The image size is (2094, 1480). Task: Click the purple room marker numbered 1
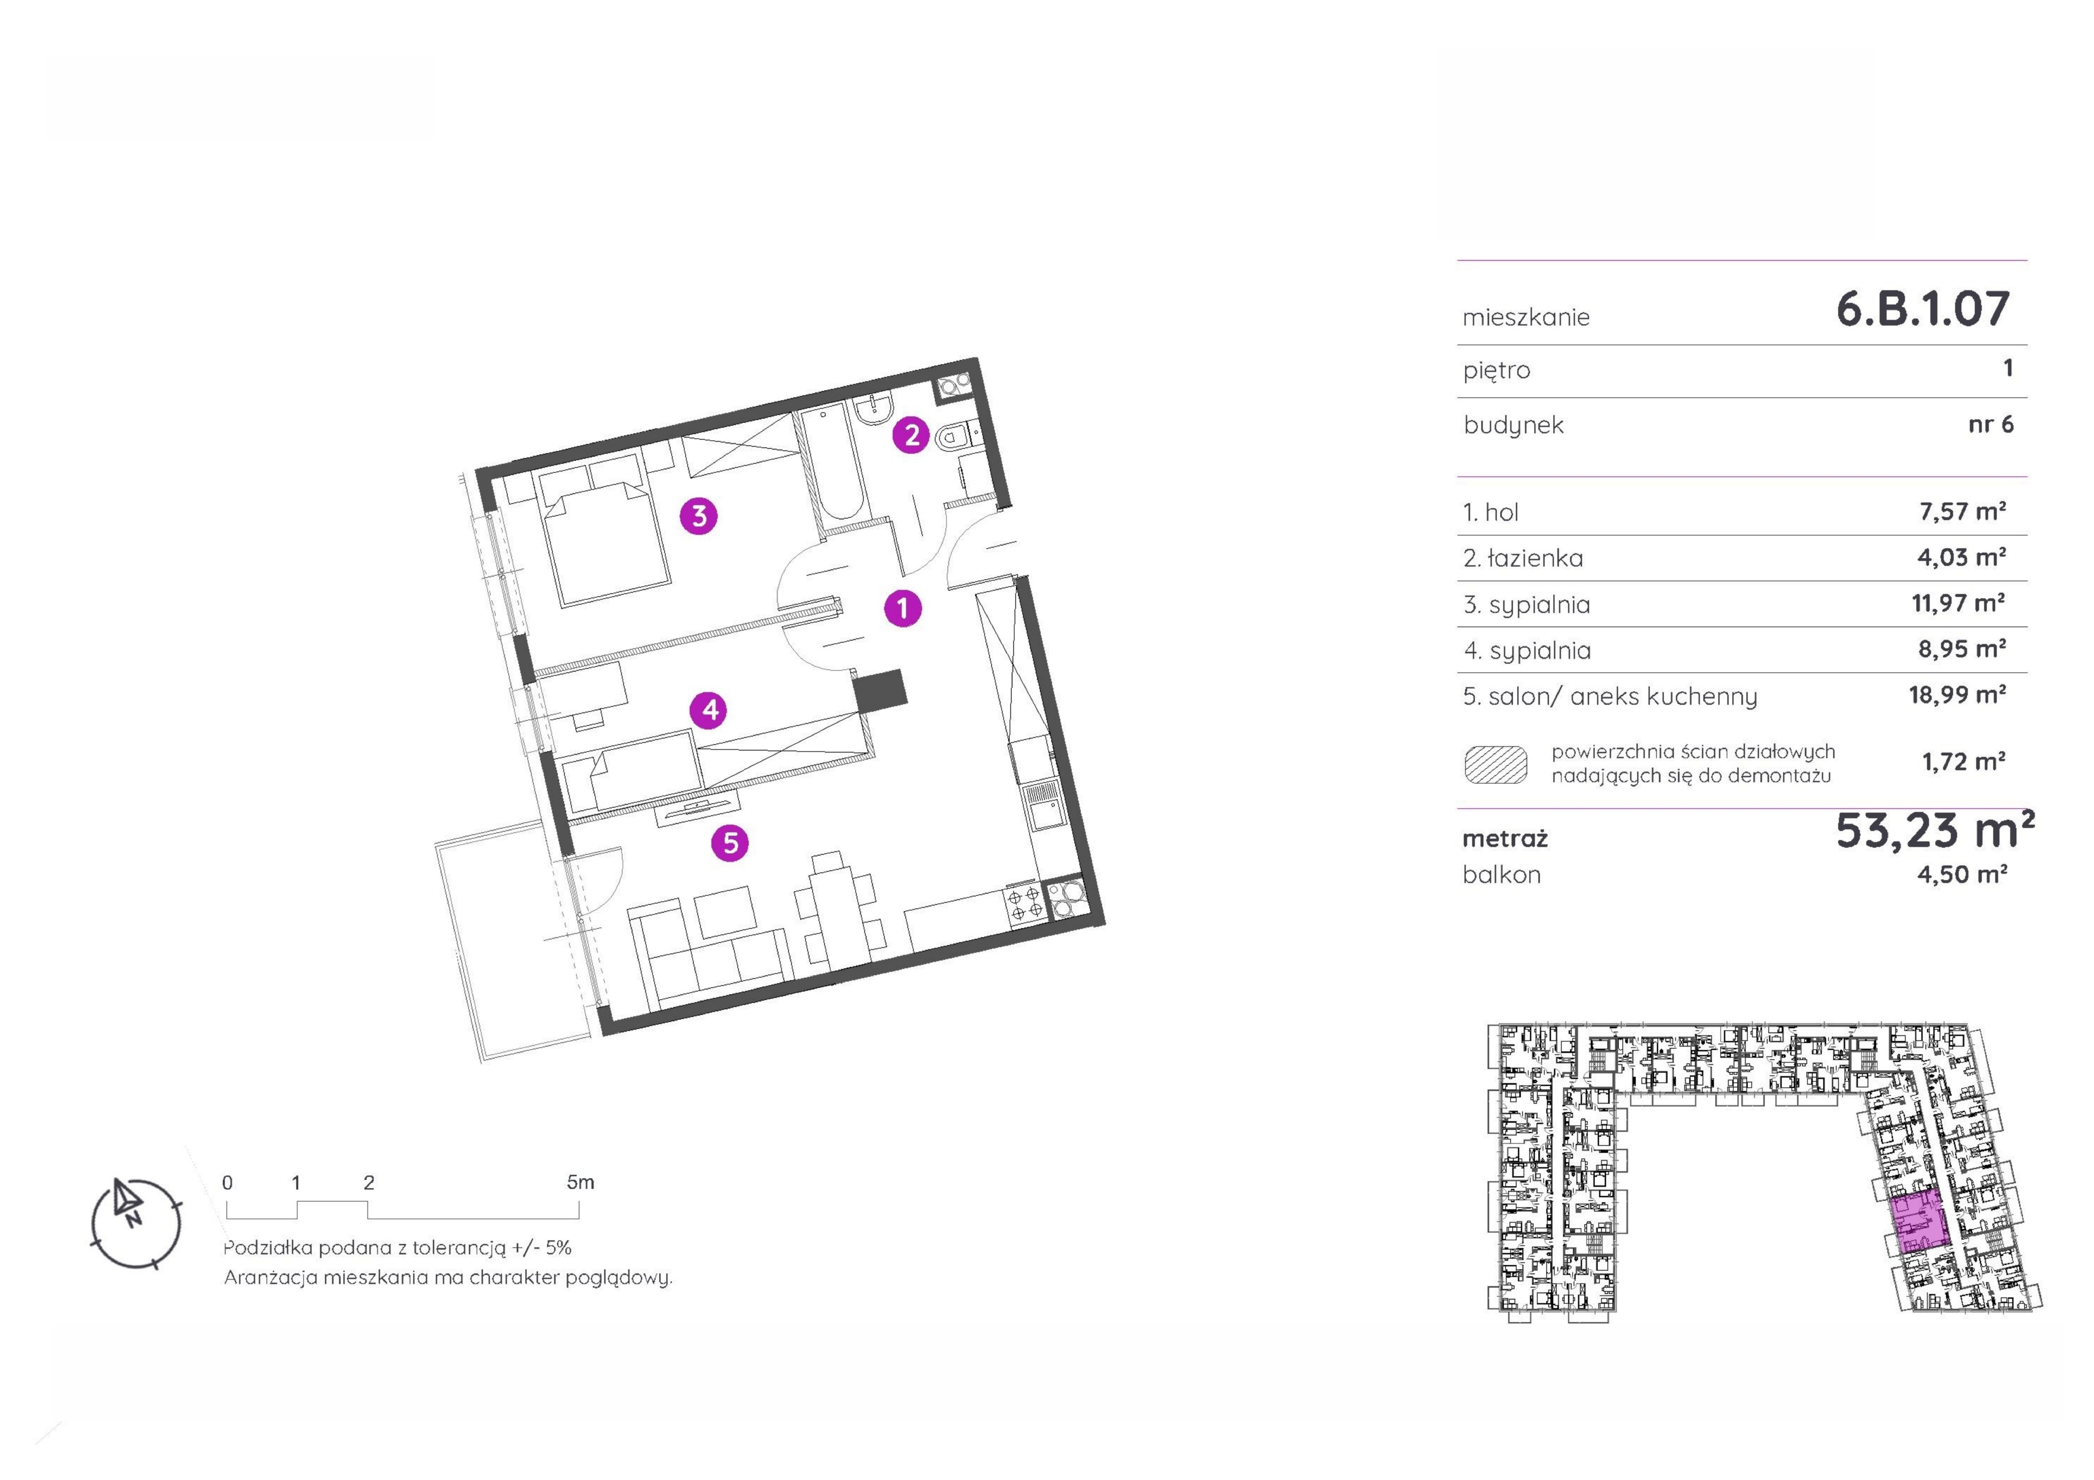tap(903, 608)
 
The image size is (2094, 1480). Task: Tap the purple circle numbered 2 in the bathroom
tap(911, 435)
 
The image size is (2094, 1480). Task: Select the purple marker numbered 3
tap(700, 516)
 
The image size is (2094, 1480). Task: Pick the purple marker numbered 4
tap(710, 709)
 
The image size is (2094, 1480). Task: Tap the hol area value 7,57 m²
tap(1963, 512)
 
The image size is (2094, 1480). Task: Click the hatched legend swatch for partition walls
tap(1496, 764)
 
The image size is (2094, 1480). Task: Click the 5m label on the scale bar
tap(580, 1183)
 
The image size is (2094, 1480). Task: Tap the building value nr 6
tap(1991, 424)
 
